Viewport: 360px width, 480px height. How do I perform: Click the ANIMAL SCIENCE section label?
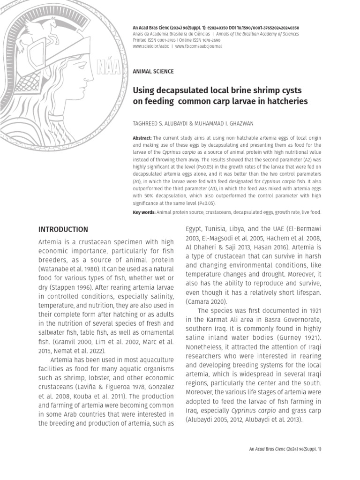tap(153, 71)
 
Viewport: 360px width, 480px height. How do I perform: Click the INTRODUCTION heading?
tap(63, 230)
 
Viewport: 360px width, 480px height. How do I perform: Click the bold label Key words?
tap(144, 212)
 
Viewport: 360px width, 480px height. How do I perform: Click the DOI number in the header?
tap(261, 28)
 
